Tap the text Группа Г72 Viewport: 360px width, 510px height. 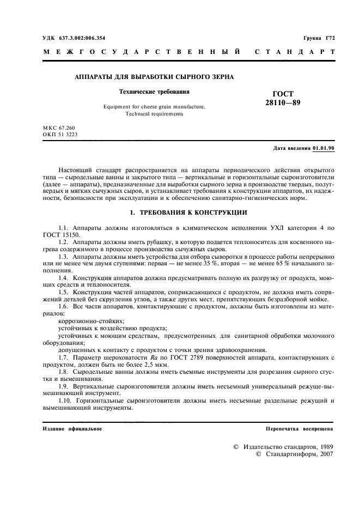point(319,38)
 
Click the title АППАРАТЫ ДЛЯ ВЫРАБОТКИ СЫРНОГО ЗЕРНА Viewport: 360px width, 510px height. point(154,77)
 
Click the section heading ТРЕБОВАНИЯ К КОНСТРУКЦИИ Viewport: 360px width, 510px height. point(185,212)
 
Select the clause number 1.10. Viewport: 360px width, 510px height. point(66,401)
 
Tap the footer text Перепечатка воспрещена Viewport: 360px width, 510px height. point(299,429)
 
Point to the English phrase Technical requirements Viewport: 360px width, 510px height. point(154,114)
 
